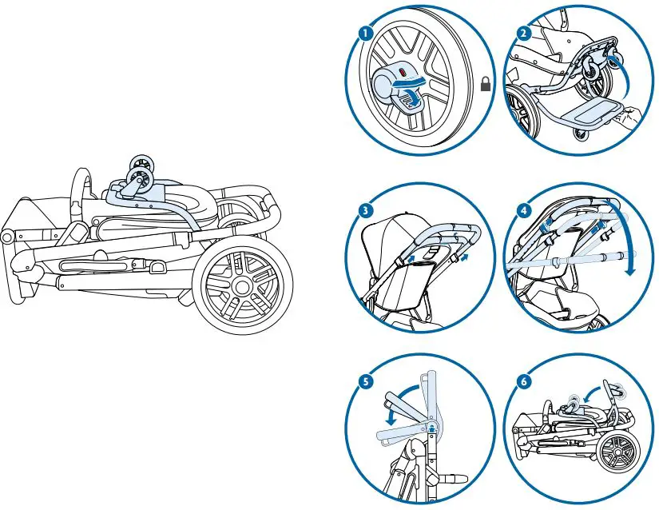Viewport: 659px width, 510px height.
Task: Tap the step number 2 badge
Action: click(523, 34)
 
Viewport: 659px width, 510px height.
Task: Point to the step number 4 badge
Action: click(523, 211)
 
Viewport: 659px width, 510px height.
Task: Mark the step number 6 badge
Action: click(523, 382)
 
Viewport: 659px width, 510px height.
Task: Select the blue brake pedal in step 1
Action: click(408, 100)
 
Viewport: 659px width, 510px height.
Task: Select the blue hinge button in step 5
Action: click(431, 428)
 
